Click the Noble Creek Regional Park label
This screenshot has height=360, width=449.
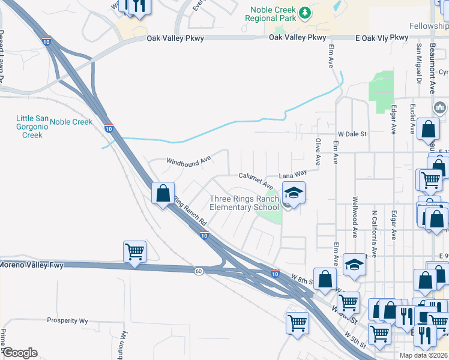(x=272, y=14)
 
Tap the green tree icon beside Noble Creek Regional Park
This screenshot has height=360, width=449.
(x=306, y=11)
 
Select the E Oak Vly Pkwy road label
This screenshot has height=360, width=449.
(x=381, y=38)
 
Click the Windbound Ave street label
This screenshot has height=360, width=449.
(x=188, y=161)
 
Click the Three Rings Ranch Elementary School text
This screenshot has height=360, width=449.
(x=244, y=203)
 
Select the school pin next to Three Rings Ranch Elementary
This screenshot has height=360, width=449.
(x=294, y=193)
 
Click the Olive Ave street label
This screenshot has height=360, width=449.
(x=318, y=152)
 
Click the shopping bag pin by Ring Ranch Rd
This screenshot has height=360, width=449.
(x=163, y=193)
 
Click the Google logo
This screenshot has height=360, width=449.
(x=20, y=352)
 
